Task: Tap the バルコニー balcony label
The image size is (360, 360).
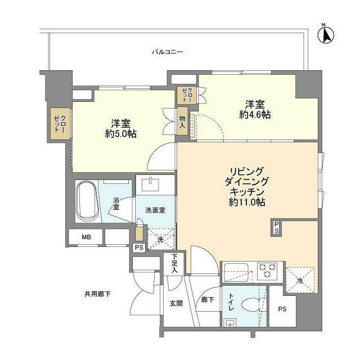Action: click(168, 52)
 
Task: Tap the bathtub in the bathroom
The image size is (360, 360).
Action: click(87, 201)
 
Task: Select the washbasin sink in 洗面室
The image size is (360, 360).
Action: click(150, 185)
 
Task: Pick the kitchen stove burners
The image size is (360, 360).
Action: click(266, 269)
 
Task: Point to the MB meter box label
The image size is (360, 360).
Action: click(86, 237)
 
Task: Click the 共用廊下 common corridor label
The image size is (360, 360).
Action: click(97, 294)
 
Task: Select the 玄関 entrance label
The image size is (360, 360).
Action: click(176, 303)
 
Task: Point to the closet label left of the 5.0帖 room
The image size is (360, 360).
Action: click(60, 123)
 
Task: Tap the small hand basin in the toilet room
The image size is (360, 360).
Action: click(229, 322)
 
